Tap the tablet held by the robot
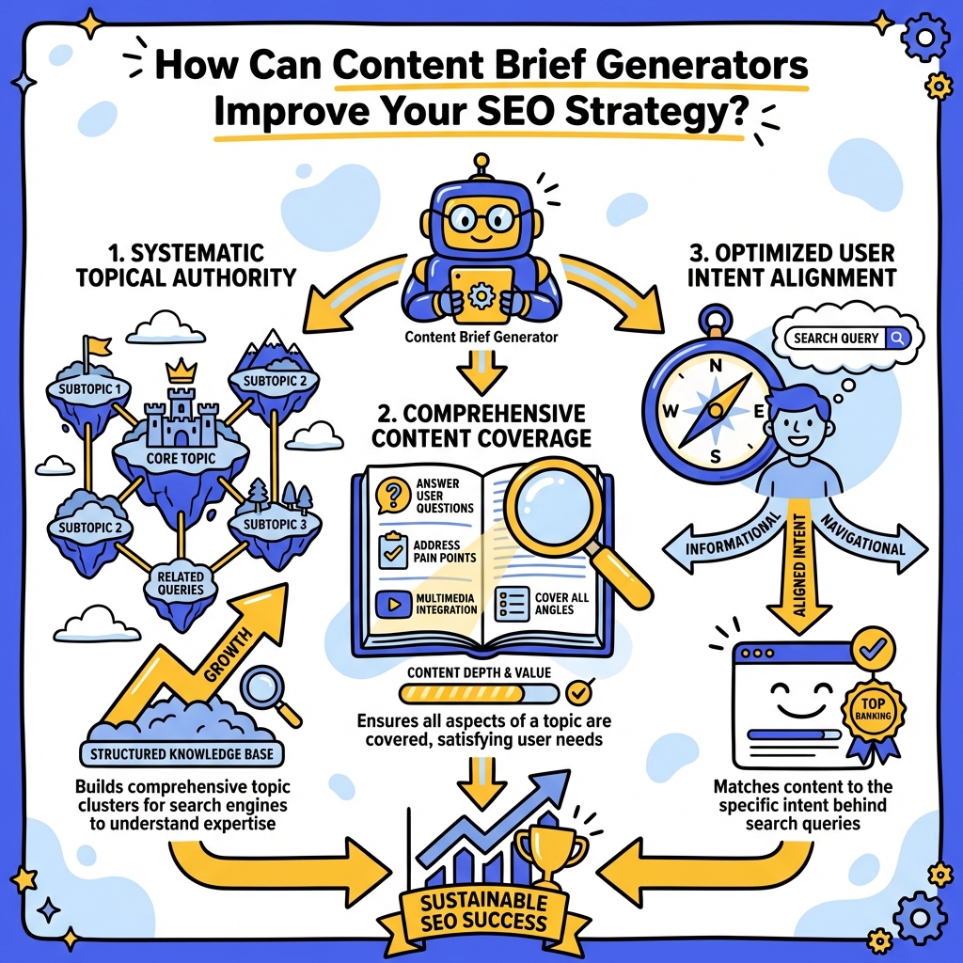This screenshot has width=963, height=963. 481,292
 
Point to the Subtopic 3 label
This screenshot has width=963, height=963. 275,524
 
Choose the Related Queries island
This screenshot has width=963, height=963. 181,584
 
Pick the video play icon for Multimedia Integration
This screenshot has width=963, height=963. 388,602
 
